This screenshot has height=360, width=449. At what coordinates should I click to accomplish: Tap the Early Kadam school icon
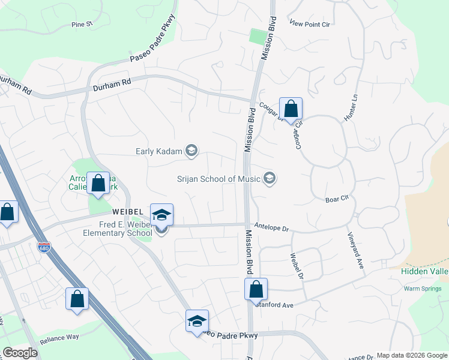(x=191, y=151)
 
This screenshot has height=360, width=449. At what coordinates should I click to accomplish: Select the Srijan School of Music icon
(x=270, y=178)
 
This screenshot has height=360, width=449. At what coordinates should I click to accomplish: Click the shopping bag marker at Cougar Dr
(x=291, y=109)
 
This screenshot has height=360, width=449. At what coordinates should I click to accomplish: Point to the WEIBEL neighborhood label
(x=127, y=212)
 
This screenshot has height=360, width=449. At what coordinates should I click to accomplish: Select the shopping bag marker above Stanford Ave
(x=256, y=289)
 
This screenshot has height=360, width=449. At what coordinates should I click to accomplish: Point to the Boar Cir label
(x=336, y=199)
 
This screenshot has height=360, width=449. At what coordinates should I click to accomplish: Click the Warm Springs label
(x=419, y=289)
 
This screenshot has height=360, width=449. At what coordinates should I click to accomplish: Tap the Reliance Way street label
(x=59, y=337)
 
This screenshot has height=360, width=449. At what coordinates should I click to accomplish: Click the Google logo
(x=20, y=352)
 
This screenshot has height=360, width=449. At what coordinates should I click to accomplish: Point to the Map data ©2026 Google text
(x=411, y=355)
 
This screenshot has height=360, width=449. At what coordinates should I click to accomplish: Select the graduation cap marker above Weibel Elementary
(x=161, y=215)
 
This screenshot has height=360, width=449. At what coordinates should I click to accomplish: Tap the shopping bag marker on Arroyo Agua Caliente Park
(x=98, y=183)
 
